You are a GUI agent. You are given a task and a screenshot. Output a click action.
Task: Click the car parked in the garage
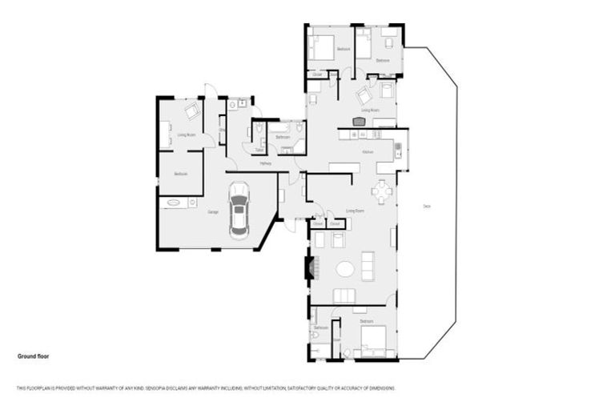coord(239,211)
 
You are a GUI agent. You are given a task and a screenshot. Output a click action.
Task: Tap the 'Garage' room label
coord(214,212)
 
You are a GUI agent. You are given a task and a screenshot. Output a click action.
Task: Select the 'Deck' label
coord(427,207)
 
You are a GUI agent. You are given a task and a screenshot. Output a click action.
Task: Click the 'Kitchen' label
coord(368,151)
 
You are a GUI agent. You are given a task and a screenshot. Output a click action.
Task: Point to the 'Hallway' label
coord(266,163)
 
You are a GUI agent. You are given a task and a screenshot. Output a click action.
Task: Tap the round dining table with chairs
coord(383,191)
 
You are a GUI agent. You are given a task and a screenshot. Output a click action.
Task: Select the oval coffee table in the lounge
coord(345,269)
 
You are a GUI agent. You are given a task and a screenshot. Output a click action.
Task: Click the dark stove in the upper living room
coord(358,122)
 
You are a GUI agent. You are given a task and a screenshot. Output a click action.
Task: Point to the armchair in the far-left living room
coord(192,111)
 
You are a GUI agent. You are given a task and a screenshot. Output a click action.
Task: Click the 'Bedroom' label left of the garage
coord(181,174)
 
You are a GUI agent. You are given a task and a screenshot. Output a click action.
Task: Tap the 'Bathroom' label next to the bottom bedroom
coord(322,328)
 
